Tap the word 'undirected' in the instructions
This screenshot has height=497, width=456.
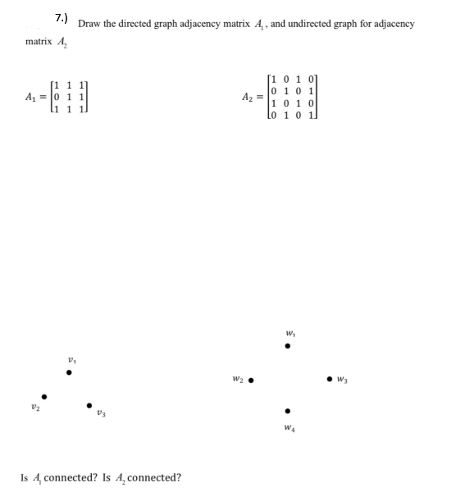(311, 23)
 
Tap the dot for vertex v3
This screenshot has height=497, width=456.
(90, 404)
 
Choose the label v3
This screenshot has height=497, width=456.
(102, 414)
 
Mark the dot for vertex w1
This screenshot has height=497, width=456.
(286, 347)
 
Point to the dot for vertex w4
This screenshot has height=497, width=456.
(286, 412)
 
